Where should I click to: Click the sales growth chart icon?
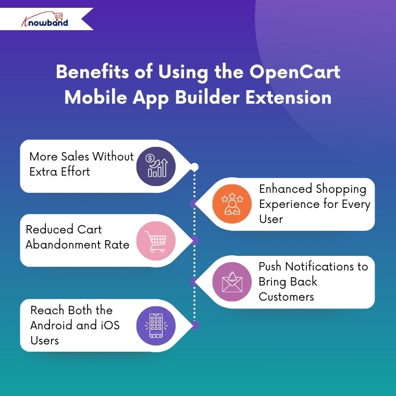(x=156, y=166)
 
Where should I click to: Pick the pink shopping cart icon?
(x=156, y=241)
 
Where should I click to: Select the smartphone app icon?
(x=156, y=325)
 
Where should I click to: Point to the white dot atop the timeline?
(x=194, y=167)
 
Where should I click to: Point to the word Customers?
(x=286, y=297)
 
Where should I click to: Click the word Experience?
(x=289, y=204)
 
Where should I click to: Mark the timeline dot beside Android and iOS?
(x=195, y=326)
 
